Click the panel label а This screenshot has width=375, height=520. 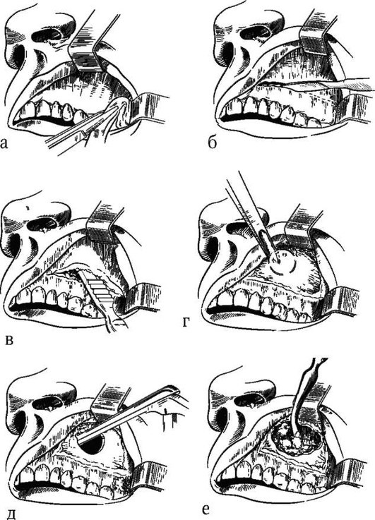coord(4,144)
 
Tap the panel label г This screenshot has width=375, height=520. coord(186,321)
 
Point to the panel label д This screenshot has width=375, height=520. coord(11,514)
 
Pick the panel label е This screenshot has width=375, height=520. coord(206,509)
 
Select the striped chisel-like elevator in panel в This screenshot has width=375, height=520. coord(98,288)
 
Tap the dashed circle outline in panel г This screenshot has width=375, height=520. coord(282,262)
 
